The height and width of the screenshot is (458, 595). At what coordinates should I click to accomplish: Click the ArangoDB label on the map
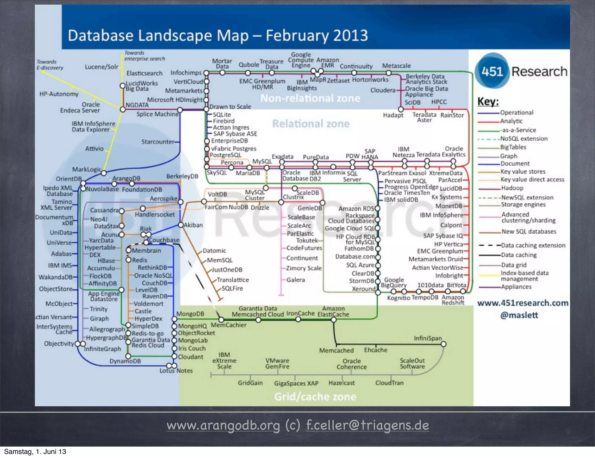click(126, 178)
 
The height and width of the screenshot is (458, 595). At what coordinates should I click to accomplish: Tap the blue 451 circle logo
click(492, 71)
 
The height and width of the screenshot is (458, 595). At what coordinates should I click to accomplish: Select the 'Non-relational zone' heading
click(310, 98)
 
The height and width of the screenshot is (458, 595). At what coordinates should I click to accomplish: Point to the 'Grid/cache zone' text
click(315, 396)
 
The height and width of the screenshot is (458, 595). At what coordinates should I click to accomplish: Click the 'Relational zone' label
click(311, 124)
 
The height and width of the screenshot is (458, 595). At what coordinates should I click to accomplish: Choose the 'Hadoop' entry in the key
click(512, 188)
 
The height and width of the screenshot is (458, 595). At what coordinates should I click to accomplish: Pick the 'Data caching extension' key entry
click(533, 245)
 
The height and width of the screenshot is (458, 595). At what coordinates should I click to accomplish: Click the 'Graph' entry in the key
click(508, 156)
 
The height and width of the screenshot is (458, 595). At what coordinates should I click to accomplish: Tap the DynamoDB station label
click(125, 361)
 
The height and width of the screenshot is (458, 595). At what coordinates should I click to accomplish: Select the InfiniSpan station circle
click(443, 344)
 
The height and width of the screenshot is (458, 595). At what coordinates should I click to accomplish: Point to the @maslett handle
click(519, 315)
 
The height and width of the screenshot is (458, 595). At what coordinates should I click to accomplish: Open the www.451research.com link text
click(523, 303)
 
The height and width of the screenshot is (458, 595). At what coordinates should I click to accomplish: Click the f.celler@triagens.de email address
click(368, 425)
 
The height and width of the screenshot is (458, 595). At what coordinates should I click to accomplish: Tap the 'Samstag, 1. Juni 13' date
click(35, 452)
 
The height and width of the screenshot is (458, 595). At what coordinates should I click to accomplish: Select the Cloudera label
click(383, 90)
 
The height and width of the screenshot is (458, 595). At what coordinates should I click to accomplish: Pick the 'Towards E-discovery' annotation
click(50, 65)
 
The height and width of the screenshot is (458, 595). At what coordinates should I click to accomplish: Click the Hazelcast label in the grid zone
click(341, 383)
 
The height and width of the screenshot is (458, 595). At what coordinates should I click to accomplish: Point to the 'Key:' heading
click(488, 101)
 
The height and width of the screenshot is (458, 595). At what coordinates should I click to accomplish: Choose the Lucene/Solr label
click(101, 67)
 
